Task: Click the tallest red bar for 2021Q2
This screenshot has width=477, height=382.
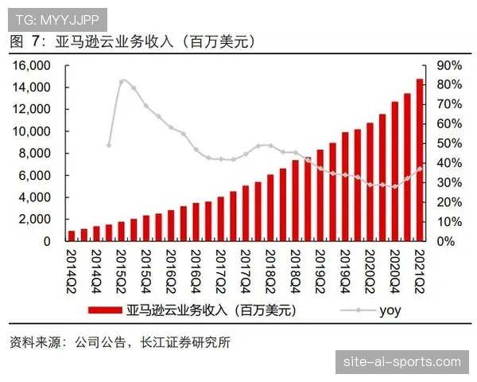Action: point(419,159)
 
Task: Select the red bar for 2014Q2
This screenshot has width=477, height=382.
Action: point(72,236)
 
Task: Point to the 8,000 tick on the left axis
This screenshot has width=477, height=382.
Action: point(35,153)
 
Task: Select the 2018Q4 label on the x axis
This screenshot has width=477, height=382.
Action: point(295,270)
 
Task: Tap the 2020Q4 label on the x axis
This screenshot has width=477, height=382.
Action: point(394,270)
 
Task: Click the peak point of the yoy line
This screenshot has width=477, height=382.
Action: point(122,81)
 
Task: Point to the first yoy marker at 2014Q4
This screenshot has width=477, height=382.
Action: point(109,145)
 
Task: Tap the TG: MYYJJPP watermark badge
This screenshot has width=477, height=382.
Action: point(55,17)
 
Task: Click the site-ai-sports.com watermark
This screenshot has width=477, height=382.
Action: point(402,362)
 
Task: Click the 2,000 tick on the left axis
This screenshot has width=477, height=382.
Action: point(35,219)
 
